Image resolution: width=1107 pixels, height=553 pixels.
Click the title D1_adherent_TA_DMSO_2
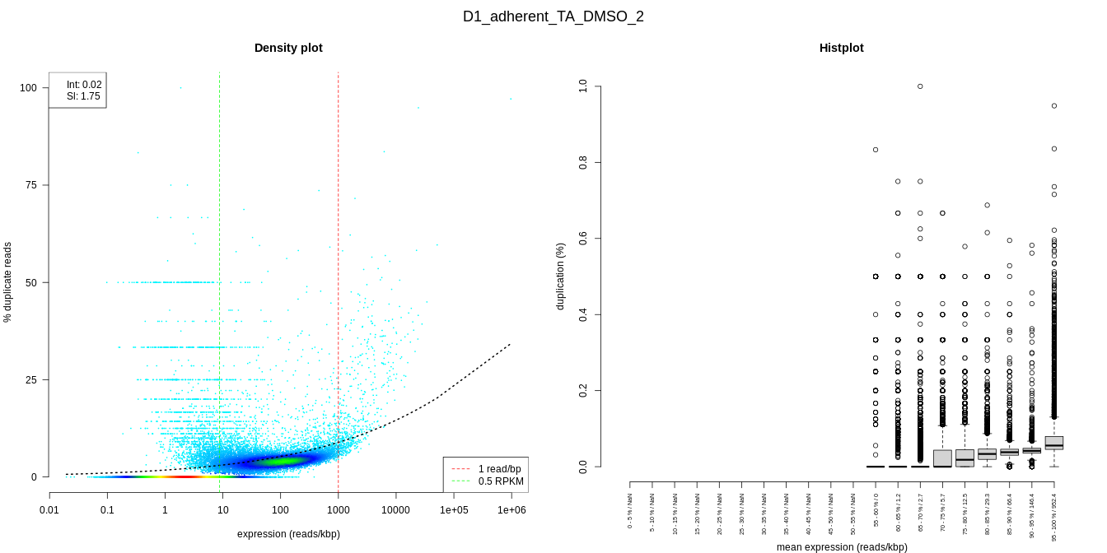pos(553,16)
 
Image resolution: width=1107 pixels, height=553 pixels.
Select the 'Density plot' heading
pos(288,48)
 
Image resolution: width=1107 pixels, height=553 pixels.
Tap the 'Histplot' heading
pos(841,48)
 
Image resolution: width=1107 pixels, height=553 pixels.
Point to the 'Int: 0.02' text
pos(84,85)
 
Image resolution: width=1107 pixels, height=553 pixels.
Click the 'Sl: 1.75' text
pos(83,96)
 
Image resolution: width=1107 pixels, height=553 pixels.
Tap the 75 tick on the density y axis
pos(32,185)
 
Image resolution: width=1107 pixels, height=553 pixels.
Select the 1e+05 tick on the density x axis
pos(453,510)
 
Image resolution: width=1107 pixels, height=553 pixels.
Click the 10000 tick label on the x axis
pos(395,510)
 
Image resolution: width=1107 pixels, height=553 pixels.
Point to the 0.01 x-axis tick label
pos(49,510)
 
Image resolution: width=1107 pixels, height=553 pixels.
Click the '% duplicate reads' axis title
pos(8,282)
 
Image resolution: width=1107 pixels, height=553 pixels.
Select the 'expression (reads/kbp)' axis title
pos(288,534)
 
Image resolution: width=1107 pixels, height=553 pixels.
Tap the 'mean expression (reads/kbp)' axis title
pos(842,547)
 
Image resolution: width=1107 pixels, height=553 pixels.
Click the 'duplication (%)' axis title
pos(561,276)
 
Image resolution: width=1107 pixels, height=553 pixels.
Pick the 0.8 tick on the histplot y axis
pos(583,162)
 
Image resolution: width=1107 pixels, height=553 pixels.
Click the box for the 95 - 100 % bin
pos(1054,443)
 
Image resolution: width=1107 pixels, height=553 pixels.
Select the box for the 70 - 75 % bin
pos(942,458)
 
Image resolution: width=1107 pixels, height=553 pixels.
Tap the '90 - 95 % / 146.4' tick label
pos(1032,516)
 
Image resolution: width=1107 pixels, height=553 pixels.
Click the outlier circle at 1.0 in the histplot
pos(920,86)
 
